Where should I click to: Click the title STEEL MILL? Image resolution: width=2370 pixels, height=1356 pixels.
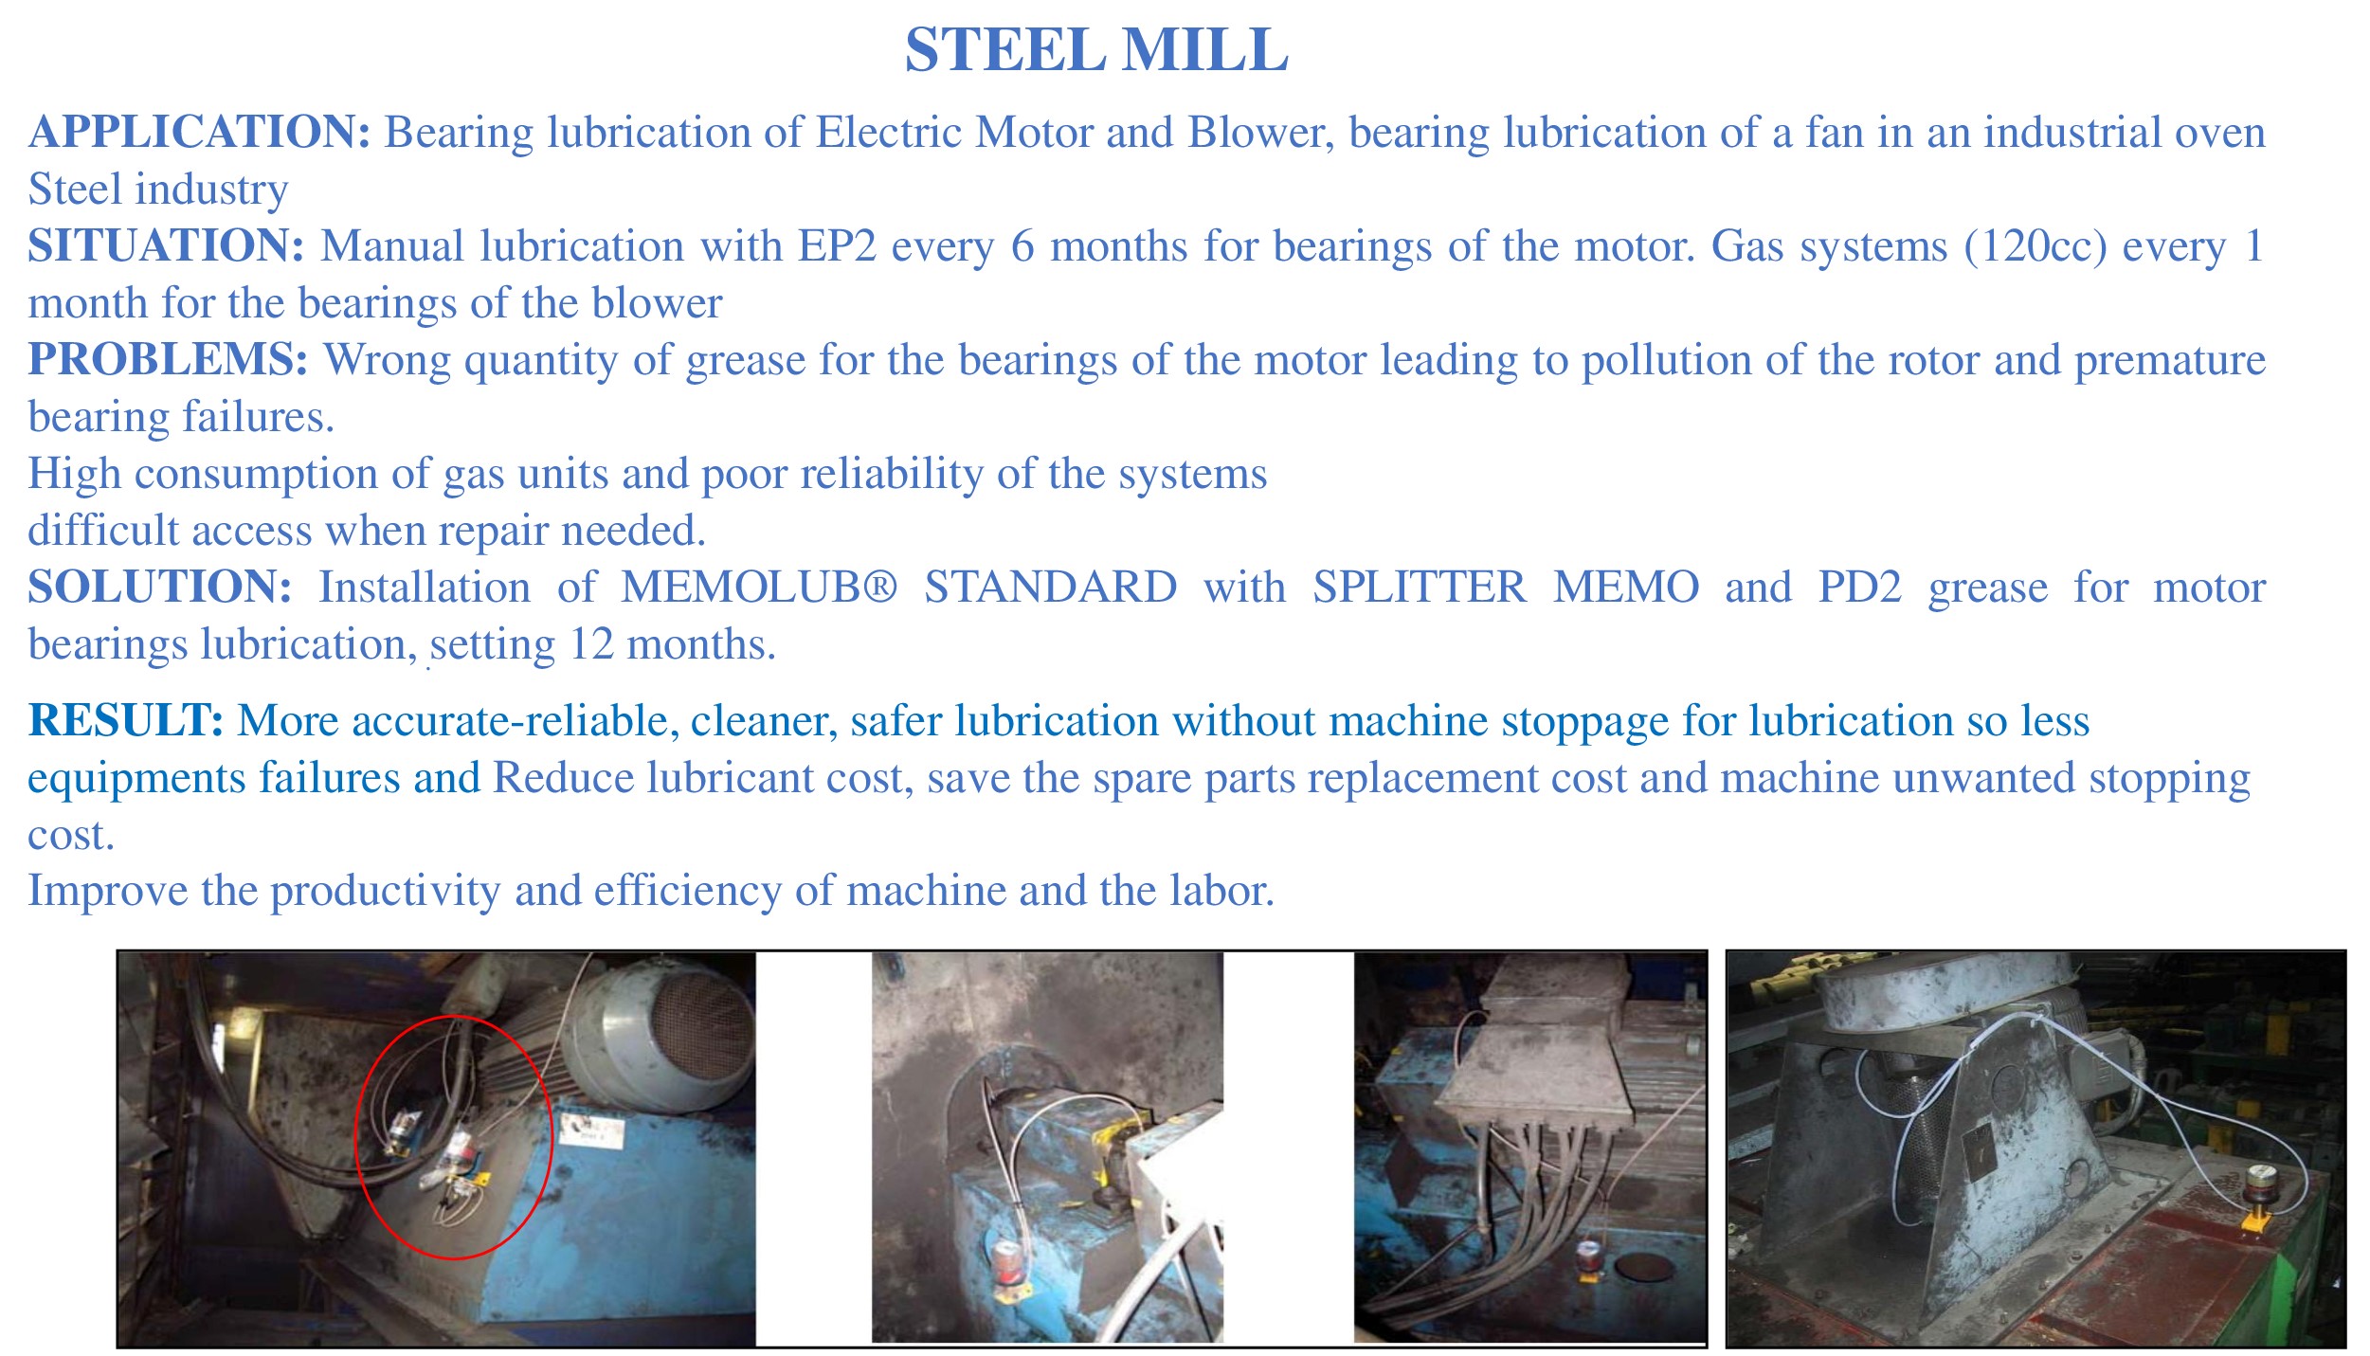coord(1096,49)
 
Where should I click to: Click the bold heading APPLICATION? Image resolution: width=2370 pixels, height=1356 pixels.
coord(199,132)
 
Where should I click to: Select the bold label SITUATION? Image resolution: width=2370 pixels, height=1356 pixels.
coord(166,245)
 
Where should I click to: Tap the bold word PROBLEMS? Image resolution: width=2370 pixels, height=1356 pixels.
coord(168,359)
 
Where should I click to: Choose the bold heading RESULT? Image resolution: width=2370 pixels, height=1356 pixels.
coord(126,720)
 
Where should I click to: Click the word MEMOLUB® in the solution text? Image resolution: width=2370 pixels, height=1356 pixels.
coord(759,587)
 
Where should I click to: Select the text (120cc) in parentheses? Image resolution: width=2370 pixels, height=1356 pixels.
coord(2035,245)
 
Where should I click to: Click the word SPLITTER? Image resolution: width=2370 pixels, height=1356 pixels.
coord(1420,587)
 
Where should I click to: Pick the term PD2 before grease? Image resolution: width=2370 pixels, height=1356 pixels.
coord(1859,587)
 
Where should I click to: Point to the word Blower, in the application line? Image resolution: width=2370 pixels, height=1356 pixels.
coord(1261,133)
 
